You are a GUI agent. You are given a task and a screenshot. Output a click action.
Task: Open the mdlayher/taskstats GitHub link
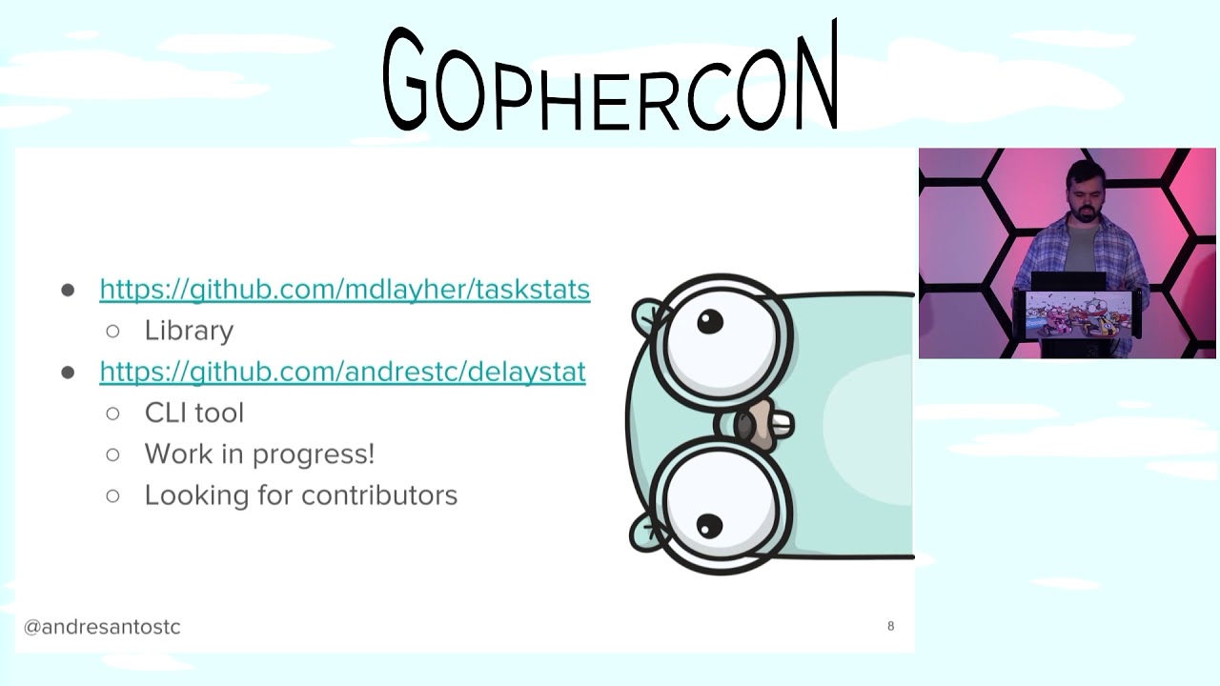[344, 289]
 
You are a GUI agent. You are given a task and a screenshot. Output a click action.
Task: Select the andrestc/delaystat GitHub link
[342, 371]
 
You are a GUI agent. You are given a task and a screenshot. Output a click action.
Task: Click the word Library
[189, 331]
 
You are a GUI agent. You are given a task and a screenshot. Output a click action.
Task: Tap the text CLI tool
[194, 413]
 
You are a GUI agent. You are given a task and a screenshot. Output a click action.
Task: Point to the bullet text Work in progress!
[259, 454]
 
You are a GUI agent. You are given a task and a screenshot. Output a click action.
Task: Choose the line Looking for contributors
[301, 495]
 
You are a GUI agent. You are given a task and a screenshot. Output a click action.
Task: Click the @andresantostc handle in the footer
[102, 627]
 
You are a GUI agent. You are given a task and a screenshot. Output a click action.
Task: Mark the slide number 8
[891, 626]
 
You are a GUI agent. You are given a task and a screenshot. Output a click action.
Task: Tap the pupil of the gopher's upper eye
[710, 323]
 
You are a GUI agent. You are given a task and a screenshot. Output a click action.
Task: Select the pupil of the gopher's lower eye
[709, 525]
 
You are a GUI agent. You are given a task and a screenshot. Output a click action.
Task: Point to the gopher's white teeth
[782, 423]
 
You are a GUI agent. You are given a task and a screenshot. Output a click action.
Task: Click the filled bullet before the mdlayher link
[68, 290]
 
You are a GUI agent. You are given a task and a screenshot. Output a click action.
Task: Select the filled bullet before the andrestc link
[68, 372]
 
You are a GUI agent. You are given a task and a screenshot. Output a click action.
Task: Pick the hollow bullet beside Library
[113, 331]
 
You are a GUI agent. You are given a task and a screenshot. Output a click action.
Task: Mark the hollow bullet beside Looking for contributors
[113, 495]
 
